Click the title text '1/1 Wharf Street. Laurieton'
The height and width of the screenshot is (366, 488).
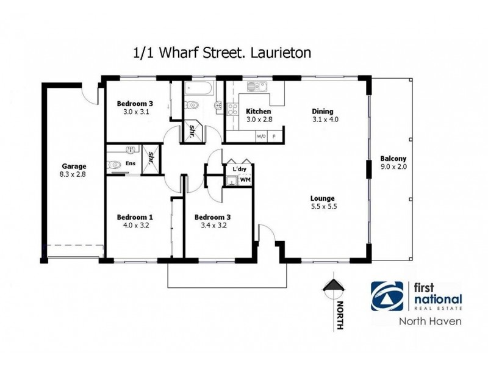222,52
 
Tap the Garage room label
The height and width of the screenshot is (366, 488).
74,167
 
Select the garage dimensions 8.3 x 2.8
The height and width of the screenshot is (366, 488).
74,174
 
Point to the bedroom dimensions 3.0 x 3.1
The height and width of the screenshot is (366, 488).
135,112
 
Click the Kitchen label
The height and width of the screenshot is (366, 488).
258,112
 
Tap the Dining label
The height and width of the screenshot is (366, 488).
323,112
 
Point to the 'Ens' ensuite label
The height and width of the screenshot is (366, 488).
130,163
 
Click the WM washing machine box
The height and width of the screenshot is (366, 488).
245,180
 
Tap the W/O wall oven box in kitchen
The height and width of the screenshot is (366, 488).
262,136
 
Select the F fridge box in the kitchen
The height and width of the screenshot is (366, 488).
274,136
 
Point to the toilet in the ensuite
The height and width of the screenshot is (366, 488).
114,164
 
